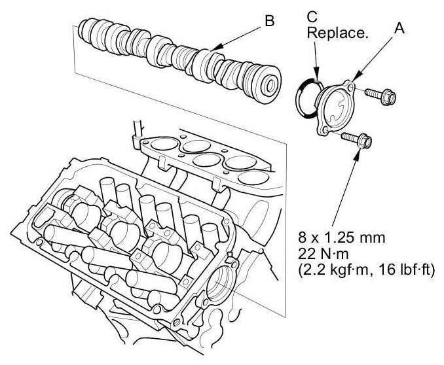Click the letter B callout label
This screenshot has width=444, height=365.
(x=270, y=21)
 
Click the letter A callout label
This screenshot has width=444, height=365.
(x=399, y=28)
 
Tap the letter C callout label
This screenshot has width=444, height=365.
(x=312, y=17)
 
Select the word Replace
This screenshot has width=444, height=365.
(x=337, y=33)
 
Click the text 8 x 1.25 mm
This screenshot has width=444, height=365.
(x=341, y=237)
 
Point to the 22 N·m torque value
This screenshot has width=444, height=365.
(x=323, y=254)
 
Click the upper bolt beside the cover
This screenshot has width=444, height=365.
(x=380, y=96)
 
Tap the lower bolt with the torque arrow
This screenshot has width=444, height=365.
(x=356, y=140)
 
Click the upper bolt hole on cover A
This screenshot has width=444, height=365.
(x=350, y=88)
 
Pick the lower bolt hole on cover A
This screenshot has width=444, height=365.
(x=325, y=130)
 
